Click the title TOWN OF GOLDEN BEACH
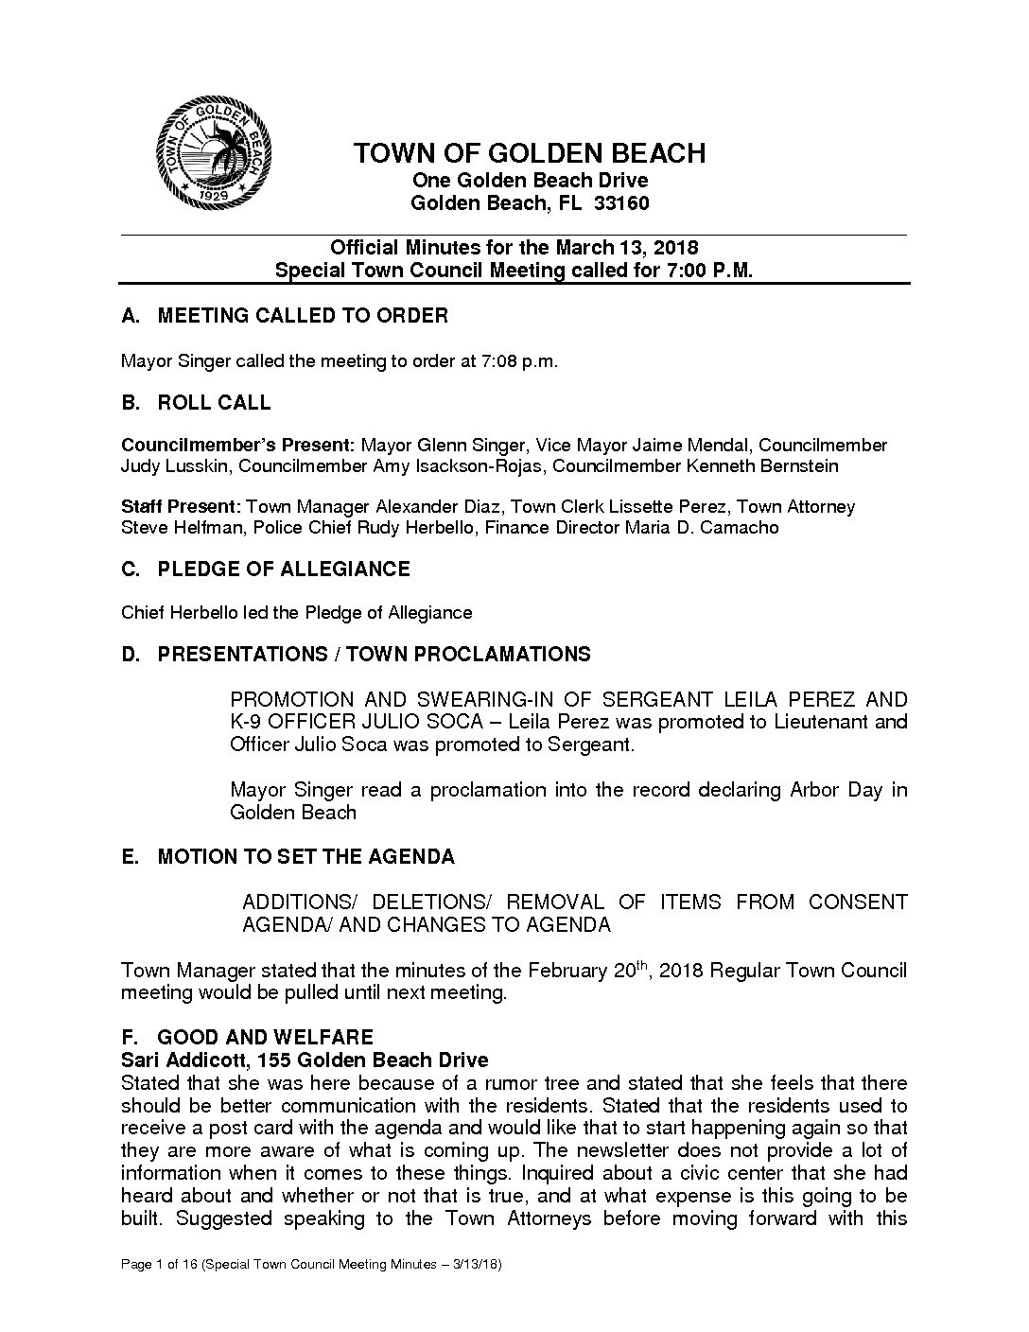coord(529,153)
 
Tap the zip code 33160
coord(620,203)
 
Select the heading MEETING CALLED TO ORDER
coord(302,316)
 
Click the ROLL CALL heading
coord(214,403)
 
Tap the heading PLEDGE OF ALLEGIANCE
coord(283,570)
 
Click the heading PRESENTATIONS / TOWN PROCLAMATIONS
coord(374,655)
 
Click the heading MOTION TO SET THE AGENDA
coord(305,857)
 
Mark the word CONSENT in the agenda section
coord(857,903)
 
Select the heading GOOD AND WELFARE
coord(265,1038)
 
